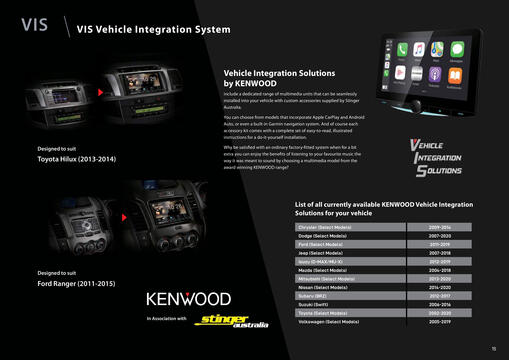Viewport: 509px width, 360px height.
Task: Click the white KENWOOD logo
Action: (189, 299)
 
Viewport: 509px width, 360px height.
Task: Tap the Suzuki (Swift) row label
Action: (319, 304)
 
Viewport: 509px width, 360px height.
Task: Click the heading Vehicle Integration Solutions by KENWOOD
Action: (272, 79)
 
